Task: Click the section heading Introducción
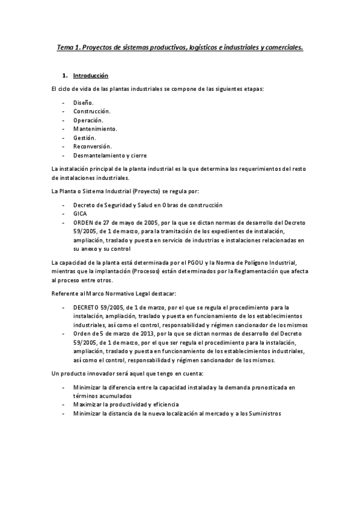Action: (x=90, y=76)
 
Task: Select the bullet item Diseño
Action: (x=84, y=103)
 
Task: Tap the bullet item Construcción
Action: (x=91, y=111)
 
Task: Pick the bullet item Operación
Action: (x=88, y=120)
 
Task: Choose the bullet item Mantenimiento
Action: (x=95, y=129)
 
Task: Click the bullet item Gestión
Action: (x=84, y=138)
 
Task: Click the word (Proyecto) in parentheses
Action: (x=142, y=191)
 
